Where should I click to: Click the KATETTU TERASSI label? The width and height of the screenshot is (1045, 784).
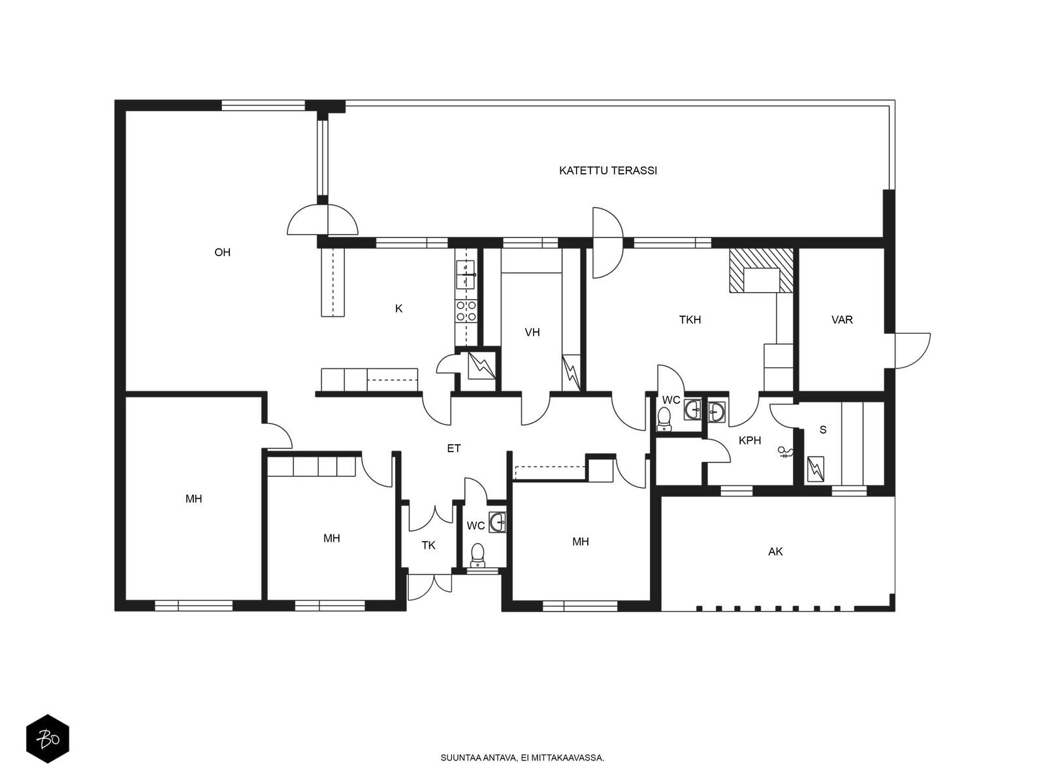click(608, 171)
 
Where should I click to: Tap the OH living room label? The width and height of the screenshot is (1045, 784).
click(222, 252)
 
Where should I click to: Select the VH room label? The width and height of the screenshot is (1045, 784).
click(532, 333)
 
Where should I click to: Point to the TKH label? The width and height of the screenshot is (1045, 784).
click(690, 320)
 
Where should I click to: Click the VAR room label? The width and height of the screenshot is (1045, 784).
click(842, 320)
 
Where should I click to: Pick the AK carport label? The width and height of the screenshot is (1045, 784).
click(775, 551)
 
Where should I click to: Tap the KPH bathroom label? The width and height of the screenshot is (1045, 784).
click(749, 441)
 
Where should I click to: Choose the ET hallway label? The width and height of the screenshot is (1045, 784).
click(454, 448)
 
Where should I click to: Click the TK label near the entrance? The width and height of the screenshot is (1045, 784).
click(428, 546)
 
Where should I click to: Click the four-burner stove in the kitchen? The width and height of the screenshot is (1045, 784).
click(466, 311)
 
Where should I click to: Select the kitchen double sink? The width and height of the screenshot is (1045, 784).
click(466, 274)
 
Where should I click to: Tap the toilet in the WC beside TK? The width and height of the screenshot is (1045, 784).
click(477, 555)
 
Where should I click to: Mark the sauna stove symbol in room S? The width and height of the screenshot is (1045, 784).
click(816, 469)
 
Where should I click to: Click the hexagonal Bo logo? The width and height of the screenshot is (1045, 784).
click(48, 739)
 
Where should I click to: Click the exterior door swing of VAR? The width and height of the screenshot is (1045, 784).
click(912, 351)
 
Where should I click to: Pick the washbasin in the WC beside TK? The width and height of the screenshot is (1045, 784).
click(498, 522)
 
